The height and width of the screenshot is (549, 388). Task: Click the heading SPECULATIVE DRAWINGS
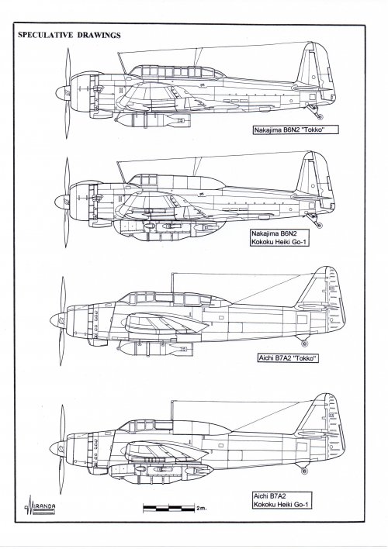pyautogui.click(x=69, y=35)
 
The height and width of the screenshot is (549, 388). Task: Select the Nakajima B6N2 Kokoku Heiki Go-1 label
pyautogui.click(x=279, y=238)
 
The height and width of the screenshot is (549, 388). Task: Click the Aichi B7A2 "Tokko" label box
pyautogui.click(x=288, y=358)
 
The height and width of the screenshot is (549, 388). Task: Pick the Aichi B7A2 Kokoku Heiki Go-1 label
pyautogui.click(x=282, y=500)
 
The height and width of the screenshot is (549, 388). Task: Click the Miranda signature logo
pyautogui.click(x=40, y=506)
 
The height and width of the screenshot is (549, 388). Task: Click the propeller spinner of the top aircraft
pyautogui.click(x=63, y=93)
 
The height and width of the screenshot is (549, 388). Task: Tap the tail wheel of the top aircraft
pyautogui.click(x=319, y=116)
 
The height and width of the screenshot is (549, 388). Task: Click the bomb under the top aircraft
pyautogui.click(x=152, y=120)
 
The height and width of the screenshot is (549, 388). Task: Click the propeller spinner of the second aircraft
pyautogui.click(x=61, y=202)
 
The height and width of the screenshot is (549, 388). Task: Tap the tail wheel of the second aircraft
pyautogui.click(x=319, y=225)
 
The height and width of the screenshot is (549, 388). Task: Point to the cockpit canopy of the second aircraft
pyautogui.click(x=176, y=181)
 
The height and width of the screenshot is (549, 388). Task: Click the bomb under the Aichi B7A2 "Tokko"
pyautogui.click(x=154, y=348)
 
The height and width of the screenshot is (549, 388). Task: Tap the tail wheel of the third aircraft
pyautogui.click(x=304, y=344)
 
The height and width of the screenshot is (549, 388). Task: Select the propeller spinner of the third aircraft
pyautogui.click(x=58, y=321)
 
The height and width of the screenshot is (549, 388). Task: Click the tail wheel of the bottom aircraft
pyautogui.click(x=304, y=471)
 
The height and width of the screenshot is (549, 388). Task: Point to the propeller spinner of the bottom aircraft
pyautogui.click(x=57, y=448)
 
